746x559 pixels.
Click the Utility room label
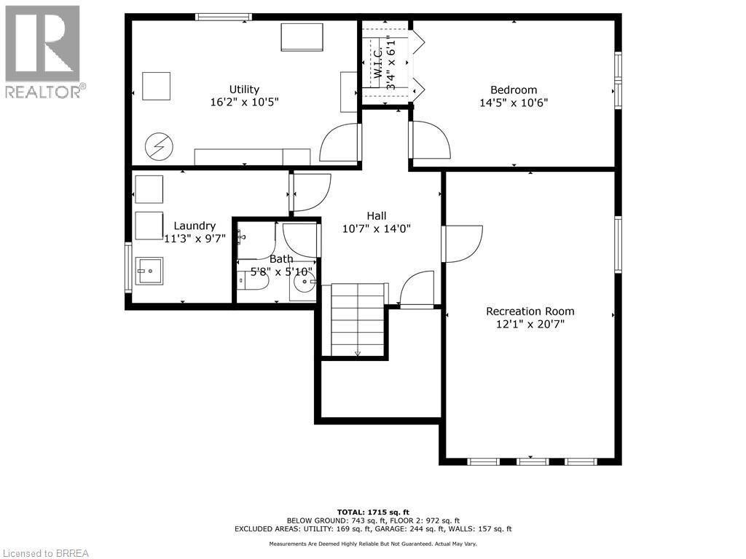tap(244, 89)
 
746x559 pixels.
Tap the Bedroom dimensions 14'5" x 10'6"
tap(513, 103)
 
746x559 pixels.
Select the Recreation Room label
tap(530, 311)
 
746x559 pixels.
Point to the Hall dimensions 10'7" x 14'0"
tap(376, 228)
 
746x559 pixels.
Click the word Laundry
tap(195, 226)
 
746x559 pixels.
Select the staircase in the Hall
tap(358, 320)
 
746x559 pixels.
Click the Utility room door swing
tap(339, 143)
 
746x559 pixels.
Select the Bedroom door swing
tap(431, 140)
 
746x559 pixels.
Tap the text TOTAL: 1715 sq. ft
tap(372, 512)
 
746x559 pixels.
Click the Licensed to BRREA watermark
tap(45, 552)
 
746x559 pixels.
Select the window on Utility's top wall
tap(224, 17)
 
